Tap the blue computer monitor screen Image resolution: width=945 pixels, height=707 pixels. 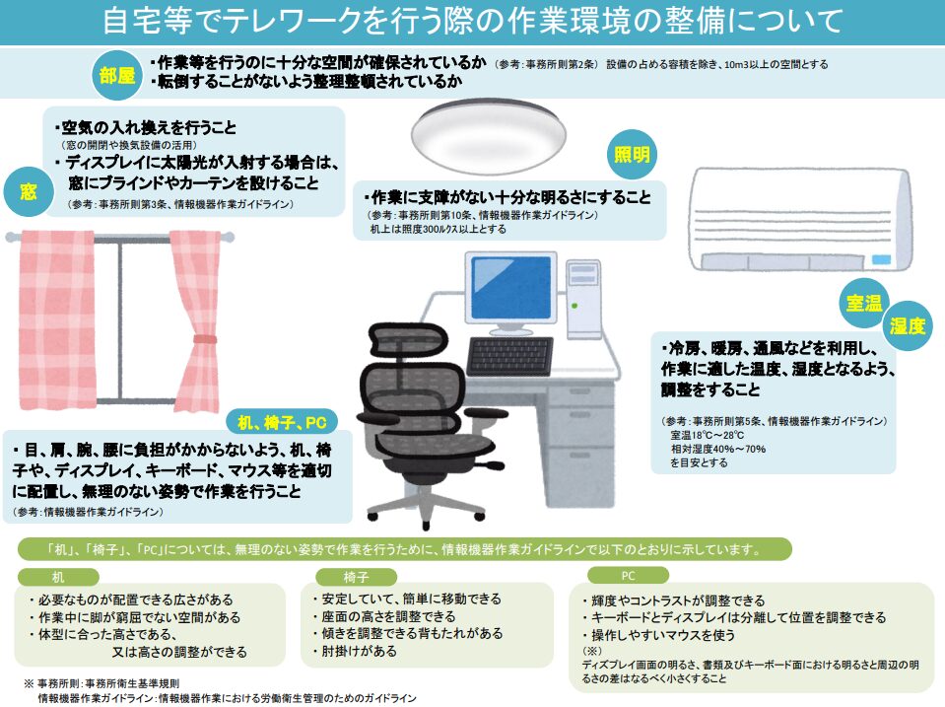point(511,287)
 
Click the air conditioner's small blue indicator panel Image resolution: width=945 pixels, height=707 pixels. point(881,260)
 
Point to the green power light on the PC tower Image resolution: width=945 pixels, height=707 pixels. point(574,306)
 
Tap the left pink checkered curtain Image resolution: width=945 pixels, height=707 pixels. point(56,319)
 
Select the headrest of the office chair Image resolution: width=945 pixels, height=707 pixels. point(408,342)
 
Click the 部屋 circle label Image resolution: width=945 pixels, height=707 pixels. point(117,75)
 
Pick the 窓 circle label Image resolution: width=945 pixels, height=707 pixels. point(29,192)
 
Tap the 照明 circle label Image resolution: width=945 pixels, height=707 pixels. point(632,155)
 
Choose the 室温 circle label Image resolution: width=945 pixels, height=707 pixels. point(864,303)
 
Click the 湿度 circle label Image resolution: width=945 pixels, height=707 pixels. point(907,325)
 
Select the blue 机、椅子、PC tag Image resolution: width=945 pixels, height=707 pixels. point(282,422)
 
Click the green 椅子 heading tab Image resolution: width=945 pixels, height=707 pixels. point(356,577)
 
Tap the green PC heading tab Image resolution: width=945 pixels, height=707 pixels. point(628,576)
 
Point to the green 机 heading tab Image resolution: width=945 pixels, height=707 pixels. point(58,577)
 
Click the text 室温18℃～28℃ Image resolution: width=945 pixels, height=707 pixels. point(707,435)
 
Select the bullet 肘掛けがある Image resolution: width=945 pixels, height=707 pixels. point(355,651)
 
